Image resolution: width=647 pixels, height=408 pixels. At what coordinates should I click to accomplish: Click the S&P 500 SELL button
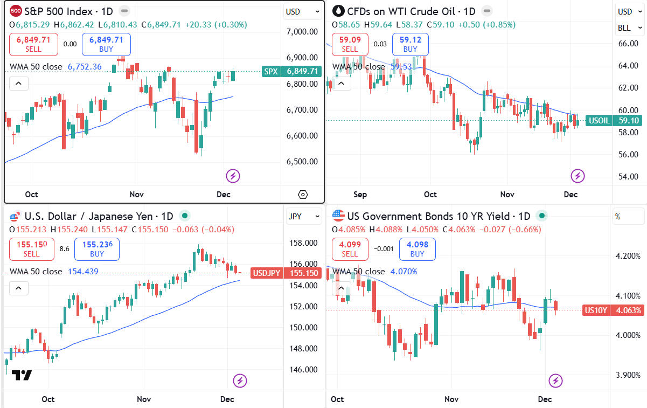point(33,44)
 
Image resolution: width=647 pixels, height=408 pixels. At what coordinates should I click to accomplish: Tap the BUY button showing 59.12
point(410,44)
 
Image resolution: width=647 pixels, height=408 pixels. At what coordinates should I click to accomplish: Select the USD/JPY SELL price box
point(31,249)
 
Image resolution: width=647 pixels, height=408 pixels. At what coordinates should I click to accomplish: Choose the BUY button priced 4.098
point(417,249)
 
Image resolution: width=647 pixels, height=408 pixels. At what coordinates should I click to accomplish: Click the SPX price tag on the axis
point(291,71)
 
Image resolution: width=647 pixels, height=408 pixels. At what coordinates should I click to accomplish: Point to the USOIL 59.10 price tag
point(614,121)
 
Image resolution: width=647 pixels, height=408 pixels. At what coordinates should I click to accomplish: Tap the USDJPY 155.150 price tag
point(286,273)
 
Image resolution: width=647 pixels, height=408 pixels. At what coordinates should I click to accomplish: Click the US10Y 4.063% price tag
point(613,310)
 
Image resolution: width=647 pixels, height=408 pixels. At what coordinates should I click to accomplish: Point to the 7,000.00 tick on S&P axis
point(302,31)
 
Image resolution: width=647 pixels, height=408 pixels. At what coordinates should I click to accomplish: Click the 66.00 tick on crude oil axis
point(628,44)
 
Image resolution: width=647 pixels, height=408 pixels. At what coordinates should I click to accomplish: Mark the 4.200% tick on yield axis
point(628,255)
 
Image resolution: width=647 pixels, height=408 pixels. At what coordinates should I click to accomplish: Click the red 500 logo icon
point(16,11)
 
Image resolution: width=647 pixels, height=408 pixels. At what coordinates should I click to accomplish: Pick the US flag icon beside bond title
point(338,216)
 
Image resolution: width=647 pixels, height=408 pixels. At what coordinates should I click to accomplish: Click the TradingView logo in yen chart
point(22,375)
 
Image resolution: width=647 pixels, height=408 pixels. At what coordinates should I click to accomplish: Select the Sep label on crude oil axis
point(360,195)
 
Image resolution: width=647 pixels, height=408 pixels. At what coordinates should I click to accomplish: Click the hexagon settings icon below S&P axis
point(302,195)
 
